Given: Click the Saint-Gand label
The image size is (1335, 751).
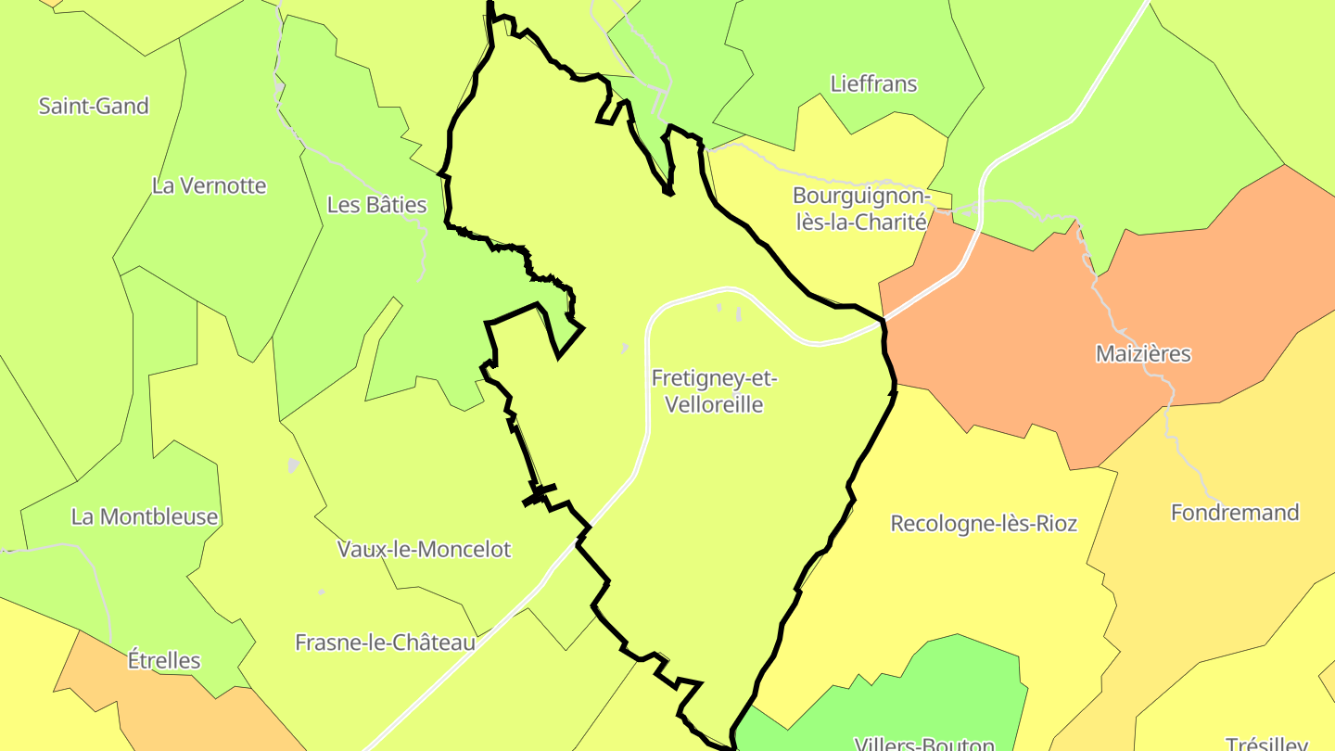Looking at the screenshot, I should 94,106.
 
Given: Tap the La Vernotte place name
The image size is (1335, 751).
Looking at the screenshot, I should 209,185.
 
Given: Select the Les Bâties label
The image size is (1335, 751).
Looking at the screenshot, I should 376,205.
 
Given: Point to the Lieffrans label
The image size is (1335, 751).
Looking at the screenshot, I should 873,84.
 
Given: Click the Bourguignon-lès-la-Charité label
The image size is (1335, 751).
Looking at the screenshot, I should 860,210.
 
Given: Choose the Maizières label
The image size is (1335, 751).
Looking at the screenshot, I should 1143,353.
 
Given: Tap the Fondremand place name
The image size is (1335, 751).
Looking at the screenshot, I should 1235,513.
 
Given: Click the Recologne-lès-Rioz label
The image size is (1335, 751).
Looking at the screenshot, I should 984,524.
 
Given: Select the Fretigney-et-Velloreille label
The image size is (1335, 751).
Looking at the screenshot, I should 714,391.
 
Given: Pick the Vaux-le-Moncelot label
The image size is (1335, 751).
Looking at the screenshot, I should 424,549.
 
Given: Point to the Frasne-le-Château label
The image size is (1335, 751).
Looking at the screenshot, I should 385,643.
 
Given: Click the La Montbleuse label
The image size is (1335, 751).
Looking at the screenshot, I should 145,516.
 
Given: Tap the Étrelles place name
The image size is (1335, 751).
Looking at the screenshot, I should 164,661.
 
